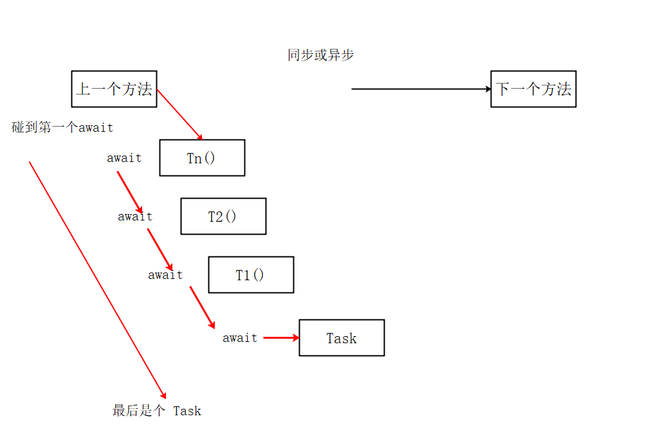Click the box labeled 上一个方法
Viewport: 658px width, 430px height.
[114, 89]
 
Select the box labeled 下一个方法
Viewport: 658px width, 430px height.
[533, 89]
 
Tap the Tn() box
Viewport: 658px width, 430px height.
[202, 157]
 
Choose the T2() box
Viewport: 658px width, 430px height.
[223, 216]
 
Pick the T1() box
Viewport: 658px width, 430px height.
[251, 274]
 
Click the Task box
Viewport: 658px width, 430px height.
[342, 337]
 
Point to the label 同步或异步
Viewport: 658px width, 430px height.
[320, 55]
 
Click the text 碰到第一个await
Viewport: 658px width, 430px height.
[62, 127]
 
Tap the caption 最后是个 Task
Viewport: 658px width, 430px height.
[157, 411]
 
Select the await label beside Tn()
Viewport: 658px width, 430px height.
[124, 157]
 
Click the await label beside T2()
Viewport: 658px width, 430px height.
[135, 217]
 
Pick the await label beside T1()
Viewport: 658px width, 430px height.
[165, 275]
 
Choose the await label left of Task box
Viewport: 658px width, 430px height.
[240, 338]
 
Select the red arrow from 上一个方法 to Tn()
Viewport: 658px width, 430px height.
[179, 114]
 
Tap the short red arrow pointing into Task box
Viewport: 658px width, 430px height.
[281, 337]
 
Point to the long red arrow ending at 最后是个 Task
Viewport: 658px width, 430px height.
[96, 279]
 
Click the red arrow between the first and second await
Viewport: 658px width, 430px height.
[129, 192]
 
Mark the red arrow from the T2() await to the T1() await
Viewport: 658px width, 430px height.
[160, 249]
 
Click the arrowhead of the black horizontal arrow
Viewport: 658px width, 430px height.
[488, 89]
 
